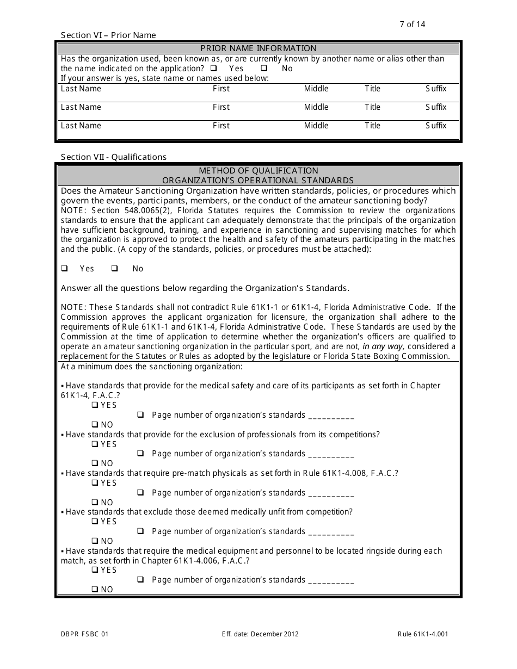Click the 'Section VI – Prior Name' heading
(x=108, y=35)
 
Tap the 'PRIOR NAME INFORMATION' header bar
(x=258, y=48)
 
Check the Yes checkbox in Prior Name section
(x=213, y=69)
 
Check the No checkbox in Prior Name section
(x=264, y=69)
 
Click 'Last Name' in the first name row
(x=81, y=89)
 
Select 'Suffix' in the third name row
(x=436, y=126)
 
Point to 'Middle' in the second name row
(x=316, y=107)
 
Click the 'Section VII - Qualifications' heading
(x=114, y=157)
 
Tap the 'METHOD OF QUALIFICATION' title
(x=258, y=171)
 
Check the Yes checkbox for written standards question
(x=64, y=269)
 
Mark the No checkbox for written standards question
(x=115, y=269)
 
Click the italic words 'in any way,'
(x=384, y=347)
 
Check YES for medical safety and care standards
(x=95, y=405)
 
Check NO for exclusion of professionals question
(x=95, y=463)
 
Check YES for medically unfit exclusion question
(x=95, y=522)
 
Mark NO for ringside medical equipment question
(x=95, y=590)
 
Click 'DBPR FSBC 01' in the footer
(x=84, y=634)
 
